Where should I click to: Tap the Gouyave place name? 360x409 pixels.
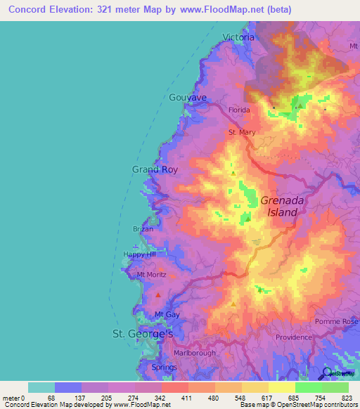(188, 98)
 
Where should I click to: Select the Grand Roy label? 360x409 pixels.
(155, 169)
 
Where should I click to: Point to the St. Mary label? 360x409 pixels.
(241, 131)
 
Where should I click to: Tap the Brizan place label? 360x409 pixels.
(143, 229)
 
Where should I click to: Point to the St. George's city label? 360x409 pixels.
(143, 334)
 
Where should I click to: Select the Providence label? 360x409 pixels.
(294, 337)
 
